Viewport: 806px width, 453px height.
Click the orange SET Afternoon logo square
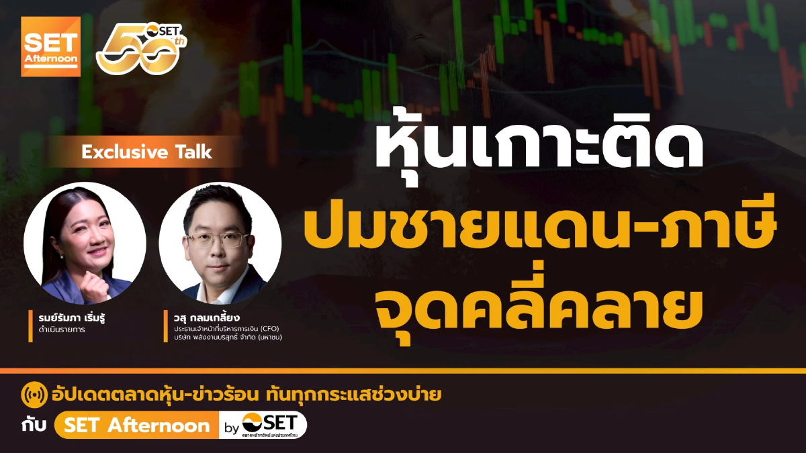tap(50, 46)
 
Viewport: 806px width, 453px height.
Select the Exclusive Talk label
tap(146, 152)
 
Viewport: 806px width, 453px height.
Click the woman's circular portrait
tap(85, 242)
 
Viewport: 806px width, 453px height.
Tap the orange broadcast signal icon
tap(34, 396)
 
